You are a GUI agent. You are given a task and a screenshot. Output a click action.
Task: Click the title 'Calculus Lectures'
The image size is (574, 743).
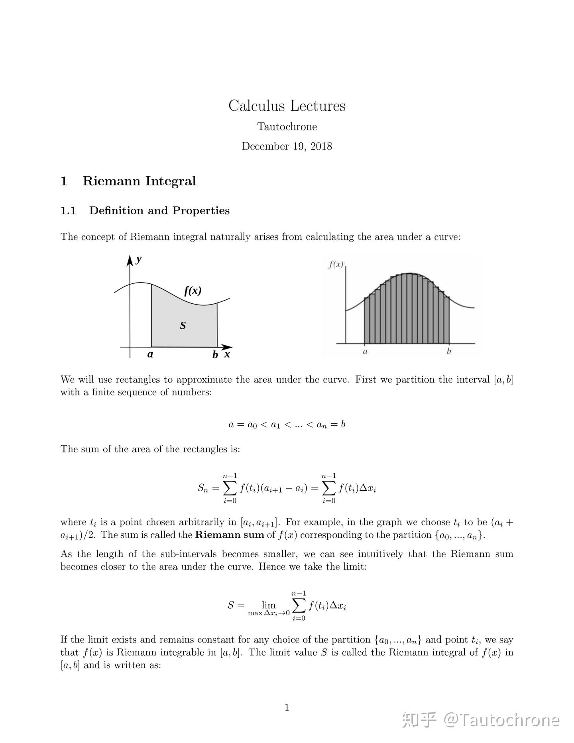pyautogui.click(x=287, y=106)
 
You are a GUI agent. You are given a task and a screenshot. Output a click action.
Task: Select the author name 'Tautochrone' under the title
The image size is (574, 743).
pyautogui.click(x=287, y=127)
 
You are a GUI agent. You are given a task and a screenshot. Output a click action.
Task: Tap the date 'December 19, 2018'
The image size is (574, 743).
pyautogui.click(x=287, y=146)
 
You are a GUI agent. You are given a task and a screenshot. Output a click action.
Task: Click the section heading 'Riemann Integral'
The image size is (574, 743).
pyautogui.click(x=139, y=181)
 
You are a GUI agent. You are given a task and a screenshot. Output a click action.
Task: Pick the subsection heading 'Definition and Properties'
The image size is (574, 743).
pyautogui.click(x=159, y=210)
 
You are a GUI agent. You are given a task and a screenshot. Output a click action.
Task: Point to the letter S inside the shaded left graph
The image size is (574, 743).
pyautogui.click(x=183, y=326)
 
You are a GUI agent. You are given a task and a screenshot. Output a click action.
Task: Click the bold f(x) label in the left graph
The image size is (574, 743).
pyautogui.click(x=193, y=291)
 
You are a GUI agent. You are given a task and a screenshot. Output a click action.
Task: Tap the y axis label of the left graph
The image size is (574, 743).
pyautogui.click(x=138, y=259)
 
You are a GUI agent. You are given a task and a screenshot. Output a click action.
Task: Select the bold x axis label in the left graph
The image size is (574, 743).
pyautogui.click(x=227, y=354)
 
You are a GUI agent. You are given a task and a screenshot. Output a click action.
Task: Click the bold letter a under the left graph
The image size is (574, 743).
pyautogui.click(x=150, y=354)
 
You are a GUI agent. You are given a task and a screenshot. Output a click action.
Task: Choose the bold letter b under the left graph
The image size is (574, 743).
pyautogui.click(x=215, y=355)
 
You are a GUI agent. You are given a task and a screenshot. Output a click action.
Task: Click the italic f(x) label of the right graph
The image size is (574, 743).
pyautogui.click(x=336, y=264)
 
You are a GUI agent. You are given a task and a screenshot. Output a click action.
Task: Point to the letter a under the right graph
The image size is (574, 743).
pyautogui.click(x=365, y=352)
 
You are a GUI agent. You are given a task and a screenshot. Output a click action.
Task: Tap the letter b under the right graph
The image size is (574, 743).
pyautogui.click(x=449, y=351)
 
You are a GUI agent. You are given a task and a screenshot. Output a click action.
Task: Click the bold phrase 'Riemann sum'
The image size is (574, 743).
pyautogui.click(x=230, y=535)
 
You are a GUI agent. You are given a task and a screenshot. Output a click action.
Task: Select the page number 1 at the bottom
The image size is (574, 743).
pyautogui.click(x=287, y=708)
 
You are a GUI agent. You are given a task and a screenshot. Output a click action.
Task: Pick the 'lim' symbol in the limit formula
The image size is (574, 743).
pyautogui.click(x=269, y=605)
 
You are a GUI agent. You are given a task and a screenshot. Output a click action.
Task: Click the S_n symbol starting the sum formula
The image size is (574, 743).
pyautogui.click(x=202, y=488)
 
